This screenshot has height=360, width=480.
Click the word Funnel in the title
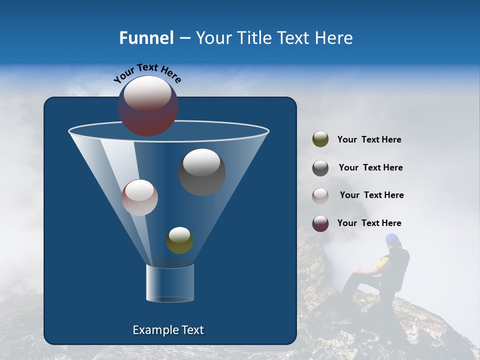(146, 38)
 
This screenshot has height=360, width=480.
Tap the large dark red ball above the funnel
(148, 106)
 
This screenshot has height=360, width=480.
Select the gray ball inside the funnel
(202, 172)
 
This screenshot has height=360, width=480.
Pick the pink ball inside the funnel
(140, 197)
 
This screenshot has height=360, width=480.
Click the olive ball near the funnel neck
(179, 240)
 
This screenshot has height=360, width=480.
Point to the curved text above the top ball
(147, 73)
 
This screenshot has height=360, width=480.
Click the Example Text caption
(168, 330)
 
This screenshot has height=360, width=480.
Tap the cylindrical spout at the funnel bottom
(169, 283)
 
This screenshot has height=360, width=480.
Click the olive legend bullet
(320, 139)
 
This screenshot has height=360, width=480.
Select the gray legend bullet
(320, 168)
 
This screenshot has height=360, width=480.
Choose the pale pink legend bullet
(320, 196)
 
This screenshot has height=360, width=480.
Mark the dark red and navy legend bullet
(320, 224)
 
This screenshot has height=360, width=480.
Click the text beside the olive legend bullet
(369, 140)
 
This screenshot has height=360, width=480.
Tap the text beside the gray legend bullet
(370, 168)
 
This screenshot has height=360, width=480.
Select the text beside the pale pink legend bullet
(371, 195)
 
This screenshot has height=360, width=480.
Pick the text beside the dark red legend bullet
(369, 223)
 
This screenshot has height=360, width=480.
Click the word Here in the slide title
(333, 38)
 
